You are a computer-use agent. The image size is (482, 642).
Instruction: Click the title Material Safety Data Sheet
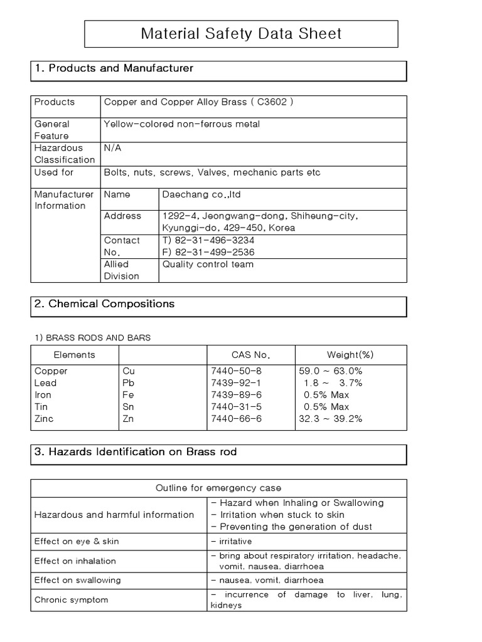[x=241, y=33]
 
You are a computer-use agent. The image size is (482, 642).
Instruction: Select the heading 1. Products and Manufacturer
[x=114, y=68]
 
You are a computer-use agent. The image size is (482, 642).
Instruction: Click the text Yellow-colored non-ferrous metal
[x=181, y=124]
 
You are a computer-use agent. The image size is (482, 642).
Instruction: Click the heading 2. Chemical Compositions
[x=104, y=304]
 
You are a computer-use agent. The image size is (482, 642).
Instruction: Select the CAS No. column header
[x=250, y=355]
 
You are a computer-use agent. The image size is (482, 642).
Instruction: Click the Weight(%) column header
[x=350, y=355]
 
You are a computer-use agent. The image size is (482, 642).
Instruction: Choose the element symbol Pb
[x=129, y=383]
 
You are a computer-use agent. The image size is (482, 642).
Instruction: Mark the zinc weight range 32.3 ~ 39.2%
[x=331, y=419]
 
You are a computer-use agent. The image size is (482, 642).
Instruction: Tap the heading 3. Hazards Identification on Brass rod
[x=136, y=452]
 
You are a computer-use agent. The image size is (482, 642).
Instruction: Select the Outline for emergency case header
[x=218, y=488]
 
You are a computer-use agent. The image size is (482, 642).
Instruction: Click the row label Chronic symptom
[x=71, y=600]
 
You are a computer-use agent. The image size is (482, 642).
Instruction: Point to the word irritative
[x=235, y=540]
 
